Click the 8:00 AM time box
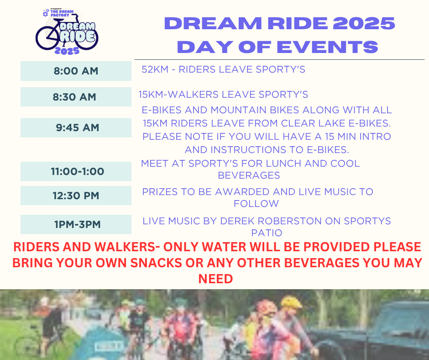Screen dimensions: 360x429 [x=76, y=71]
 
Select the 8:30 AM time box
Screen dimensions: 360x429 [x=76, y=97]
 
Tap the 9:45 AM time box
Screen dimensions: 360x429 [x=76, y=127]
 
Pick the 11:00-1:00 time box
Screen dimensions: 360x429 [x=76, y=172]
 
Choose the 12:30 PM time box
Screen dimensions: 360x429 [x=76, y=196]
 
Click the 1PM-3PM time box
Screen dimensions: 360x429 [x=76, y=224]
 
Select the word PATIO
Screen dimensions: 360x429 [x=267, y=233]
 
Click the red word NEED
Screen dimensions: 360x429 [x=215, y=279]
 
